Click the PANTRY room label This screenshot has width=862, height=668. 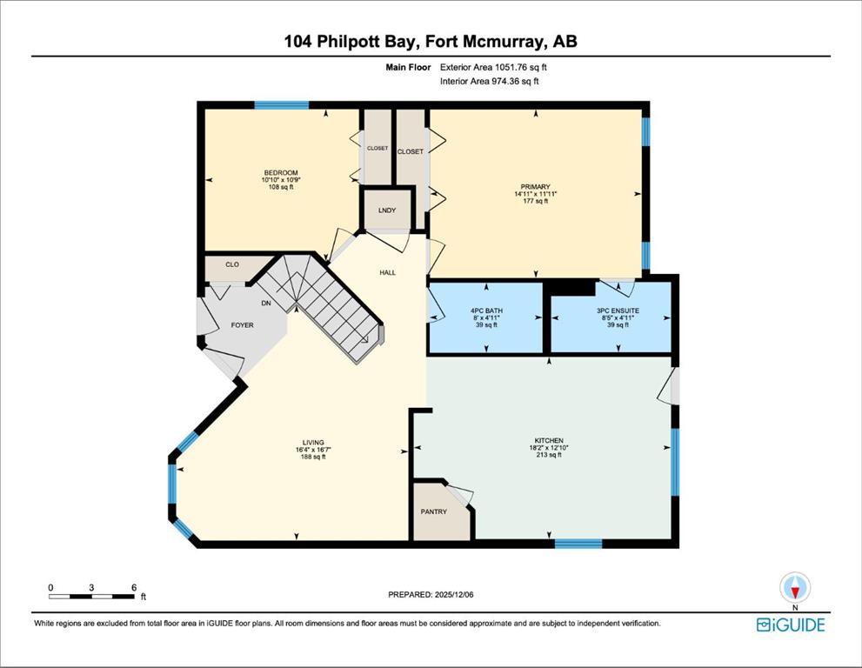click(434, 511)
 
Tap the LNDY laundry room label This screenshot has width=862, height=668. click(387, 210)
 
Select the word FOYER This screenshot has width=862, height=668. click(242, 325)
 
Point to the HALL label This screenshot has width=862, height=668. click(388, 272)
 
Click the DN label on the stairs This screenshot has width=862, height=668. click(266, 303)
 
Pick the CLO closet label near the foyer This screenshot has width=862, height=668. click(232, 264)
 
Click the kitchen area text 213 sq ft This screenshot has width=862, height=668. click(549, 455)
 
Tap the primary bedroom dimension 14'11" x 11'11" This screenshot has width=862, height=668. click(536, 194)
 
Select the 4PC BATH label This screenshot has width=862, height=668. click(486, 311)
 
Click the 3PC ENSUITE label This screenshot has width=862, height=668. click(618, 311)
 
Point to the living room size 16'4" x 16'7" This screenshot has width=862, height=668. click(313, 449)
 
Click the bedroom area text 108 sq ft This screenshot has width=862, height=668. click(280, 187)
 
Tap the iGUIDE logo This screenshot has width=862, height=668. click(791, 625)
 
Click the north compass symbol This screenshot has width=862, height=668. click(795, 588)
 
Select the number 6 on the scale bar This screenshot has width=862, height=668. click(134, 587)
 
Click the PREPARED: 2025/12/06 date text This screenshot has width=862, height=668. click(431, 594)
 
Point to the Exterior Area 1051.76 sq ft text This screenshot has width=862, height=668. click(493, 67)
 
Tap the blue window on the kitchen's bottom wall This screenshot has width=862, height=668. click(578, 544)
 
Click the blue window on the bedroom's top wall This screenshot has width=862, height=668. click(282, 105)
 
